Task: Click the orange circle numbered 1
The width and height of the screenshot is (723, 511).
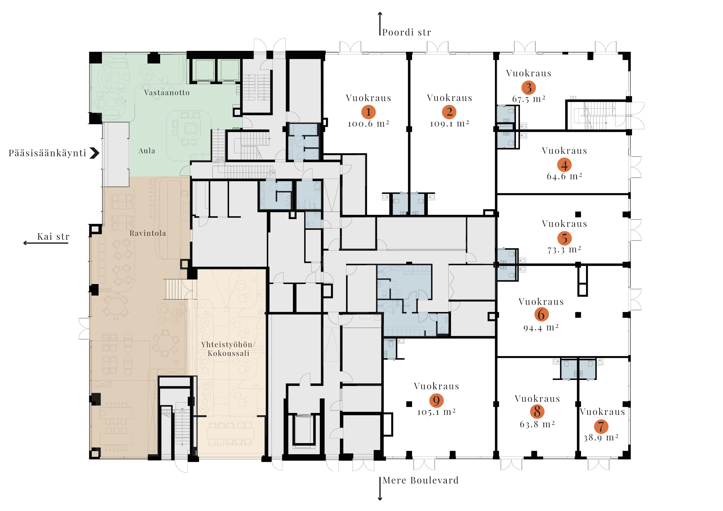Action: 369,112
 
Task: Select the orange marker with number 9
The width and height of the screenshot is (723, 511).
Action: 436,400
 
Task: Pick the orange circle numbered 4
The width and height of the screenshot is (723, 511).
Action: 564,165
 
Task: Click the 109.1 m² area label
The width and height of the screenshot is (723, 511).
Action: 449,124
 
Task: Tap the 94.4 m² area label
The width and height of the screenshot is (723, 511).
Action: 541,328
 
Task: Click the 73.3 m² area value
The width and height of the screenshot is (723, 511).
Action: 564,250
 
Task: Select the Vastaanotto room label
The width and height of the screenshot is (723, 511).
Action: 167,93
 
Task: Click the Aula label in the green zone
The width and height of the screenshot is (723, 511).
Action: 147,151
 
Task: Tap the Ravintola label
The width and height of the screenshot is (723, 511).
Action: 148,233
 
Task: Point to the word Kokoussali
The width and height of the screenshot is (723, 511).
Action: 228,354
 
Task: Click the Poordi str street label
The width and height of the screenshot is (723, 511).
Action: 406,33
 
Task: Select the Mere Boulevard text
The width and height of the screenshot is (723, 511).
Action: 421,480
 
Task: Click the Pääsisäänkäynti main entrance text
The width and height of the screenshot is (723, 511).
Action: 47,153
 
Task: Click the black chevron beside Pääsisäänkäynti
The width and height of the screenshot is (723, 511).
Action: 94,153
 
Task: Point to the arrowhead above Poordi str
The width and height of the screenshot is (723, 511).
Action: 380,14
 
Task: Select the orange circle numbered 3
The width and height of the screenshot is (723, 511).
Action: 528,88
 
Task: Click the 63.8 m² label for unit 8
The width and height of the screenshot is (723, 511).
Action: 537,424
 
